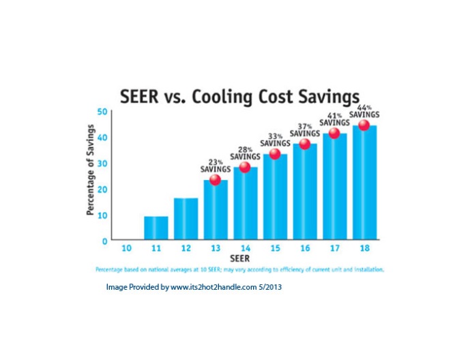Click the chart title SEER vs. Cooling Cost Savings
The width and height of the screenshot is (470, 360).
point(239,95)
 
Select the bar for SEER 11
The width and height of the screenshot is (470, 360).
point(156,228)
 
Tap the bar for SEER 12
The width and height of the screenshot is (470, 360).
point(186,219)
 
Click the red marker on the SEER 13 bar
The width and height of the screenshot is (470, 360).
point(215,180)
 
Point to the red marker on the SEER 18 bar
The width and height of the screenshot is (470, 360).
point(364,125)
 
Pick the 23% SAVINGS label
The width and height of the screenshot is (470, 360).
point(215,165)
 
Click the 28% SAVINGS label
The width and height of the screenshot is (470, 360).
point(245,153)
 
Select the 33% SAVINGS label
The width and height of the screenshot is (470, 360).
point(275,140)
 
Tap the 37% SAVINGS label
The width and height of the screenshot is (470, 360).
point(304,130)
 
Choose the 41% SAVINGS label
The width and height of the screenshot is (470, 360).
point(334,119)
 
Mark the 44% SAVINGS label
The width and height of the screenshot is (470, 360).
point(364,110)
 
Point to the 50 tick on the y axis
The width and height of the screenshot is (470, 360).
point(102,112)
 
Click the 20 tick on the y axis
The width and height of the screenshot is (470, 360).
point(102,189)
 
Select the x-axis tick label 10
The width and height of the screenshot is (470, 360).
point(126,248)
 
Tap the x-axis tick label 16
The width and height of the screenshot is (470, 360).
point(305,248)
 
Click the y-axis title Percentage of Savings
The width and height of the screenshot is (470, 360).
point(90,175)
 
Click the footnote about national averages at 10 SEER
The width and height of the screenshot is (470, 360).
point(240,269)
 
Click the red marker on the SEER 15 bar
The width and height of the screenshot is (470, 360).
point(275,154)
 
